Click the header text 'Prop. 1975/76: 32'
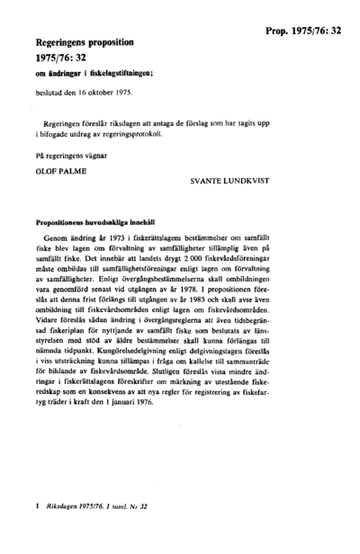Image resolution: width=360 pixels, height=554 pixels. (x=303, y=31)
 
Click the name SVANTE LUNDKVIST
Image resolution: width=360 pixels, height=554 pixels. (x=242, y=181)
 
